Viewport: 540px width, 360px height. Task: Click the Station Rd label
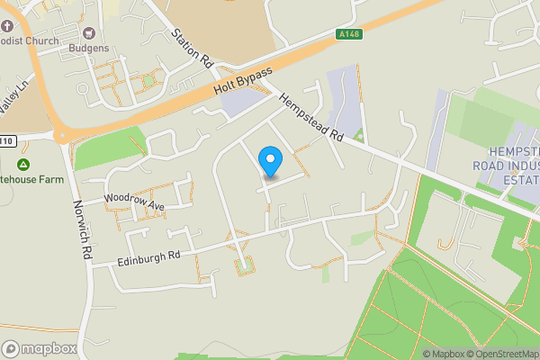coord(192,48)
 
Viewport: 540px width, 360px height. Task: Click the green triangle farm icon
coord(23,164)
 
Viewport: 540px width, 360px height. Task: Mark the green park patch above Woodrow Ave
coord(108,147)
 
